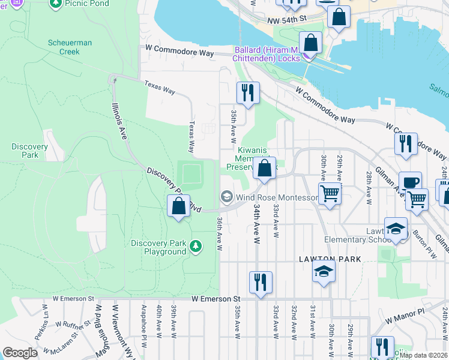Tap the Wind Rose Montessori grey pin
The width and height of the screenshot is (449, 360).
tap(226, 196)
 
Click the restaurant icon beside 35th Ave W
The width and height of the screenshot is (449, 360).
tap(247, 93)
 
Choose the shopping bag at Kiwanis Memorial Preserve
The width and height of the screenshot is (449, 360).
tap(264, 169)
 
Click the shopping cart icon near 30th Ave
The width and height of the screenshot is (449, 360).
tap(330, 194)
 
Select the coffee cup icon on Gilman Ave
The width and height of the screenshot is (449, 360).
tap(410, 182)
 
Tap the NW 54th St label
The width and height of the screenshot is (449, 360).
tap(287, 20)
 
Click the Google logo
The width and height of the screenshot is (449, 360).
tap(20, 353)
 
